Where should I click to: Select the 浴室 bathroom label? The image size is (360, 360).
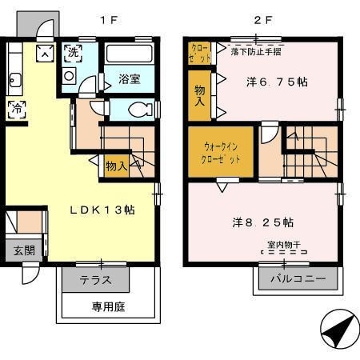point(130,80)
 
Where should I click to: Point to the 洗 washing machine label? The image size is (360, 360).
point(72,54)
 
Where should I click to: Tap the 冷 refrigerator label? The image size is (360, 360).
point(16,110)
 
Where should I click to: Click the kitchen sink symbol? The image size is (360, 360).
point(14,79)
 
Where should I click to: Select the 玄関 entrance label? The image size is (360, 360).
point(21,250)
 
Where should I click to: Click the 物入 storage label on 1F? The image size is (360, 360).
point(116,166)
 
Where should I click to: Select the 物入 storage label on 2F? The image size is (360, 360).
point(199,95)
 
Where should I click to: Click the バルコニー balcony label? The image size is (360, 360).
point(297,280)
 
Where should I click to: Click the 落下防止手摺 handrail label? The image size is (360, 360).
point(255,51)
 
